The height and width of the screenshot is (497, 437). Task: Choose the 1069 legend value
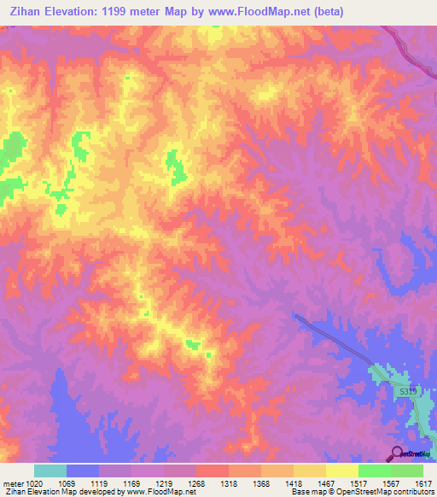[67, 484]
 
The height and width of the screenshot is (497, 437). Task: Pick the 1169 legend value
[131, 484]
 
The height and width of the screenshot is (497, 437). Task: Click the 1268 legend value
[196, 484]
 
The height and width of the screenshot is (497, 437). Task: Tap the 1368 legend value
[261, 484]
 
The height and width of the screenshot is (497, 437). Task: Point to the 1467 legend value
[326, 484]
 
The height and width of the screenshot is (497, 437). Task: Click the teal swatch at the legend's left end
[50, 471]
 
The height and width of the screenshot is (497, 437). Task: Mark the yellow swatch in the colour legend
[341, 471]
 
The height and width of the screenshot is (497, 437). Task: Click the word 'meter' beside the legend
[10, 484]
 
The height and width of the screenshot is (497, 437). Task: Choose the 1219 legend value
[164, 484]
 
